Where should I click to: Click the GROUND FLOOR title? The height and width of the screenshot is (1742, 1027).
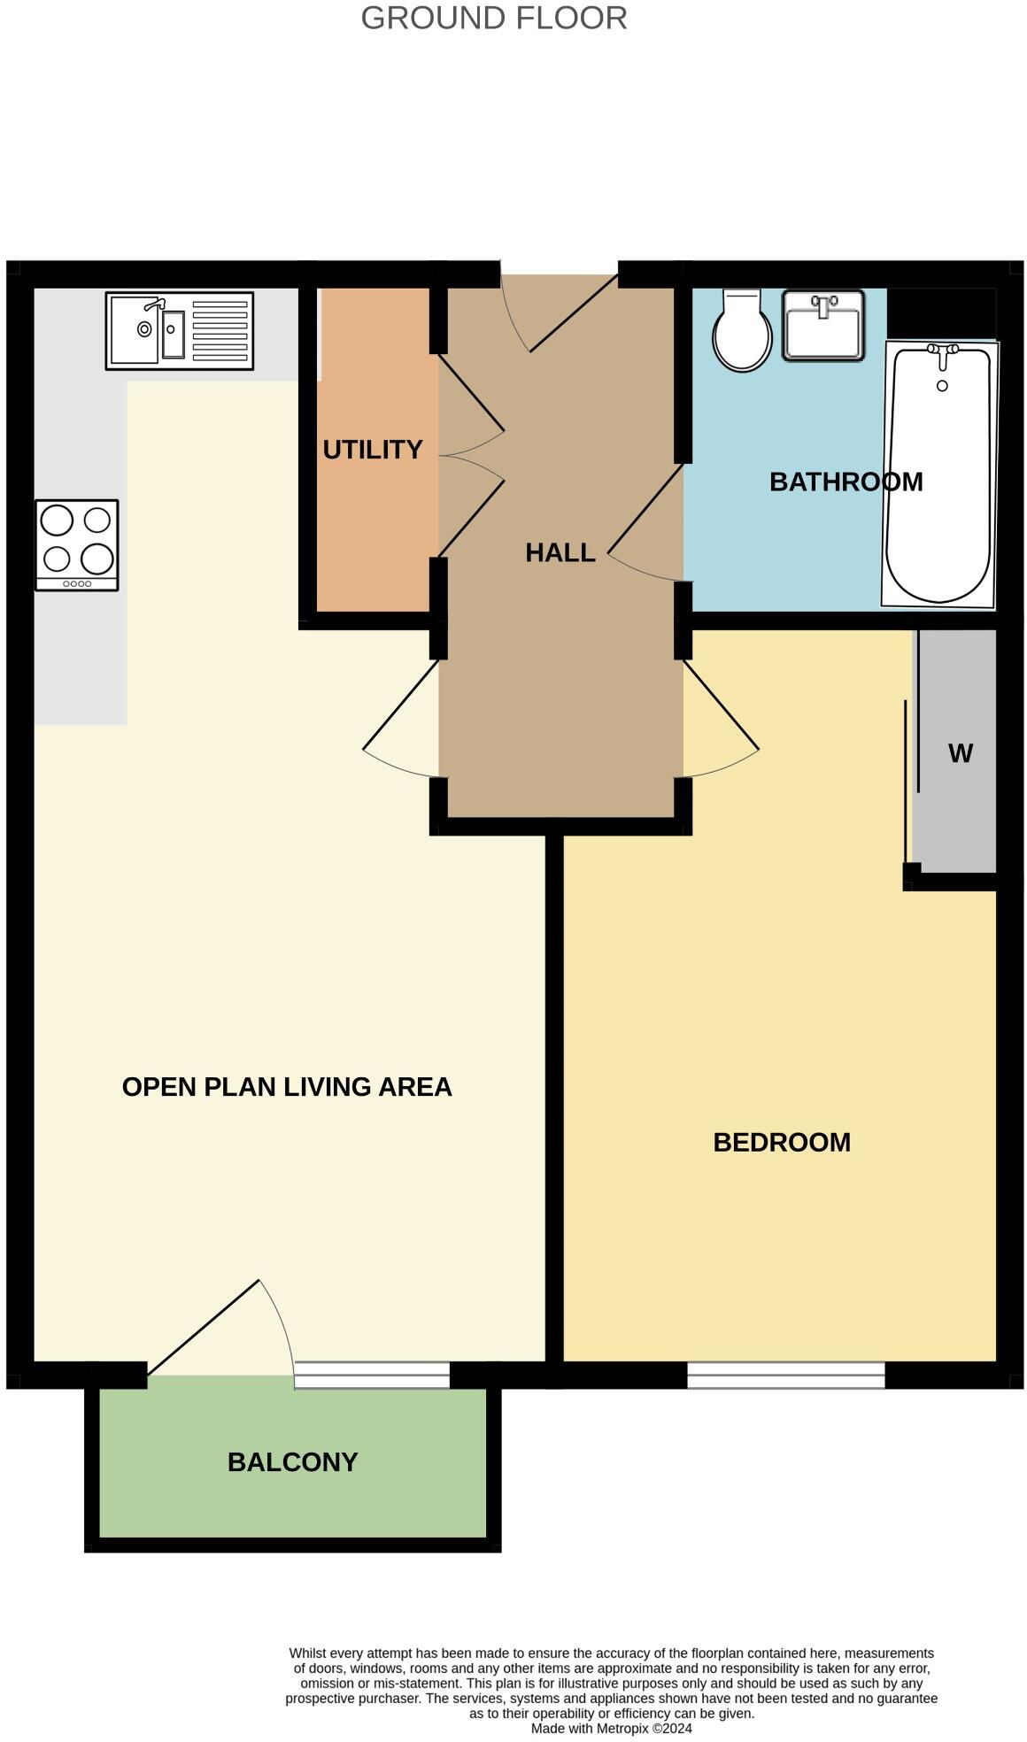point(493,18)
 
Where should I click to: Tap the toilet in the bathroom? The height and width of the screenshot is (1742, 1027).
point(742,331)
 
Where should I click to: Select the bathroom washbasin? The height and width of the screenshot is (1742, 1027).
point(822,326)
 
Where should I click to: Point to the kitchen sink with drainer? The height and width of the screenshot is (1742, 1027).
point(179,330)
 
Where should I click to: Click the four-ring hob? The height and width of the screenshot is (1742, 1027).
point(77,544)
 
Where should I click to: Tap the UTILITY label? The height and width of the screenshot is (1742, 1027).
point(372,450)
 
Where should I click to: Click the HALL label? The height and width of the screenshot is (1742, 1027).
point(560,552)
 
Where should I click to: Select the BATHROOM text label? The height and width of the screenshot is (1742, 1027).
point(846,482)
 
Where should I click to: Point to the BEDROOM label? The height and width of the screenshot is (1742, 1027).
point(781,1142)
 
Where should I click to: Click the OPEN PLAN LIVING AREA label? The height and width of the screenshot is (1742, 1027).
point(287,1087)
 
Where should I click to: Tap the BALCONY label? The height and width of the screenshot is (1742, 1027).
point(292,1461)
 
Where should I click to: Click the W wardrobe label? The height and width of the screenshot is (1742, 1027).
point(960,753)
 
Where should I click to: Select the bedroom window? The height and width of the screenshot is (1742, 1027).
point(785,1375)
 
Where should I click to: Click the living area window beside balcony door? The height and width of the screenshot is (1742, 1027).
point(372,1375)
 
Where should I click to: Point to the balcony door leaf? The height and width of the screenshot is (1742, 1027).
point(204,1327)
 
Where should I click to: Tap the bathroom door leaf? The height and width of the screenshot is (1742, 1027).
point(645,509)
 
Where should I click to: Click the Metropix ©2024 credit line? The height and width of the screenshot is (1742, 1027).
point(611,1728)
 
